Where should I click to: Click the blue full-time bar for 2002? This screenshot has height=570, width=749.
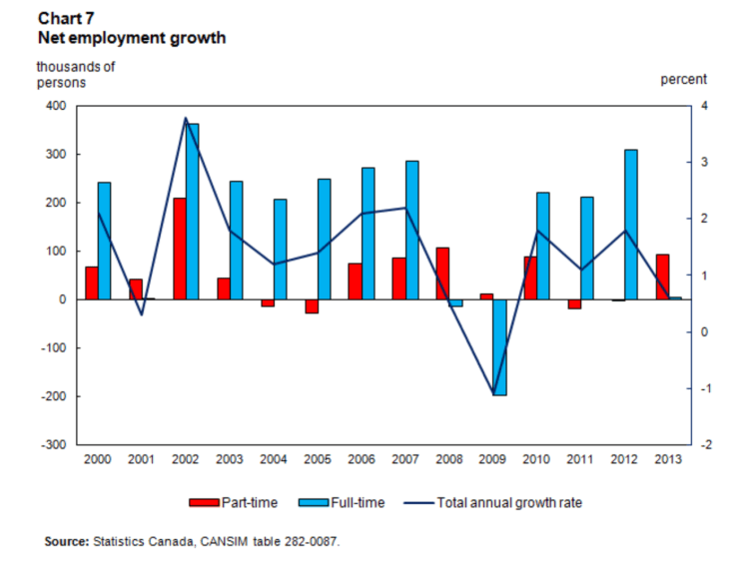(192, 212)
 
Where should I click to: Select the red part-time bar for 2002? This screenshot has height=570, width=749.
(179, 249)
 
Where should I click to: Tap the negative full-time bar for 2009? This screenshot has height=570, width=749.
(499, 347)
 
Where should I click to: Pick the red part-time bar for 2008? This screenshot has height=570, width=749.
(442, 274)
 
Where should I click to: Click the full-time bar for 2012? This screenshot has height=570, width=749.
(630, 225)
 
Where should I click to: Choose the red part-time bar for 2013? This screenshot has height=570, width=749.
(662, 277)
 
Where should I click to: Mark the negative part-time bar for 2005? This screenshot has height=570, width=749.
(311, 306)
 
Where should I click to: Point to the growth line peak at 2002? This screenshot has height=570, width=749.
(186, 119)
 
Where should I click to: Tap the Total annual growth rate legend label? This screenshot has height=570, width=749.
(508, 502)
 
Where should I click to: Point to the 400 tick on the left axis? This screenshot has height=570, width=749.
(53, 106)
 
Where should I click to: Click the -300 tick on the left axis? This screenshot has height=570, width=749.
(51, 444)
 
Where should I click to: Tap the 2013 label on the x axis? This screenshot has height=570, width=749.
(668, 459)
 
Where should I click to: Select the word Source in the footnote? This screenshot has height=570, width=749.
(66, 541)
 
